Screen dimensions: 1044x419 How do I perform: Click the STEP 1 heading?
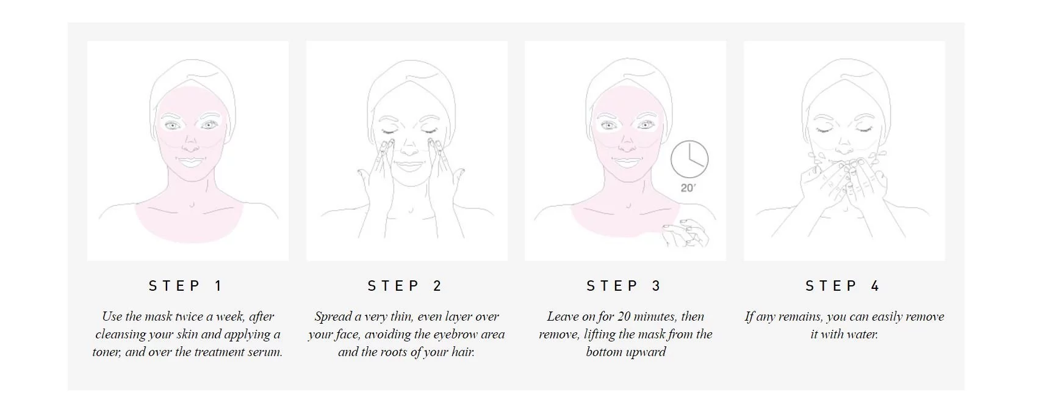point(186,286)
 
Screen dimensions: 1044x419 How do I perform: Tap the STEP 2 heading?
point(405,286)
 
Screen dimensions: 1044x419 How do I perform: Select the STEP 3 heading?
point(624,286)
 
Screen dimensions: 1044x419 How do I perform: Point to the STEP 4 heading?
point(843,286)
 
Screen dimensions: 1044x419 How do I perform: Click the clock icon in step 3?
point(689,159)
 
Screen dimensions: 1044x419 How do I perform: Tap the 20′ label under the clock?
point(688,188)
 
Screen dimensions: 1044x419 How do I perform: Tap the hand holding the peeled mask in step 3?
point(685,233)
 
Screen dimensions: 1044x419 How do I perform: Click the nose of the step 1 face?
point(190,144)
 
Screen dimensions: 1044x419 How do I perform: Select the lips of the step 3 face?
point(627,162)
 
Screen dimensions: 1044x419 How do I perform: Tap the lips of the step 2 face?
point(409,166)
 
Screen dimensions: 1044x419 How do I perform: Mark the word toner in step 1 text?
point(107,352)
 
